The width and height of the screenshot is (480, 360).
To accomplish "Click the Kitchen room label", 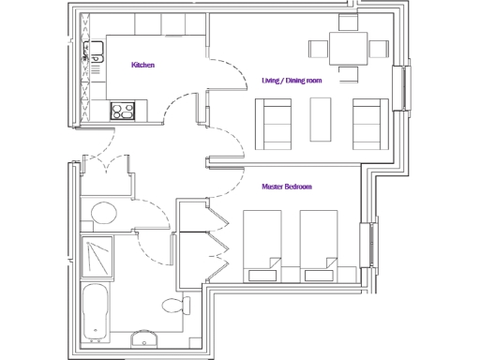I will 142,65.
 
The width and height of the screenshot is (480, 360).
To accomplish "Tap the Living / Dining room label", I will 292,81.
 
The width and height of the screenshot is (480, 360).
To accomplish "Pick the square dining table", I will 344,49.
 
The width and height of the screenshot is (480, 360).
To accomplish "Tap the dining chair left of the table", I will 317,49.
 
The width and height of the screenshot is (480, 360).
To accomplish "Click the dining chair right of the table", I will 377,49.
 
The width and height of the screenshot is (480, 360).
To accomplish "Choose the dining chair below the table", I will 344,72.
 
